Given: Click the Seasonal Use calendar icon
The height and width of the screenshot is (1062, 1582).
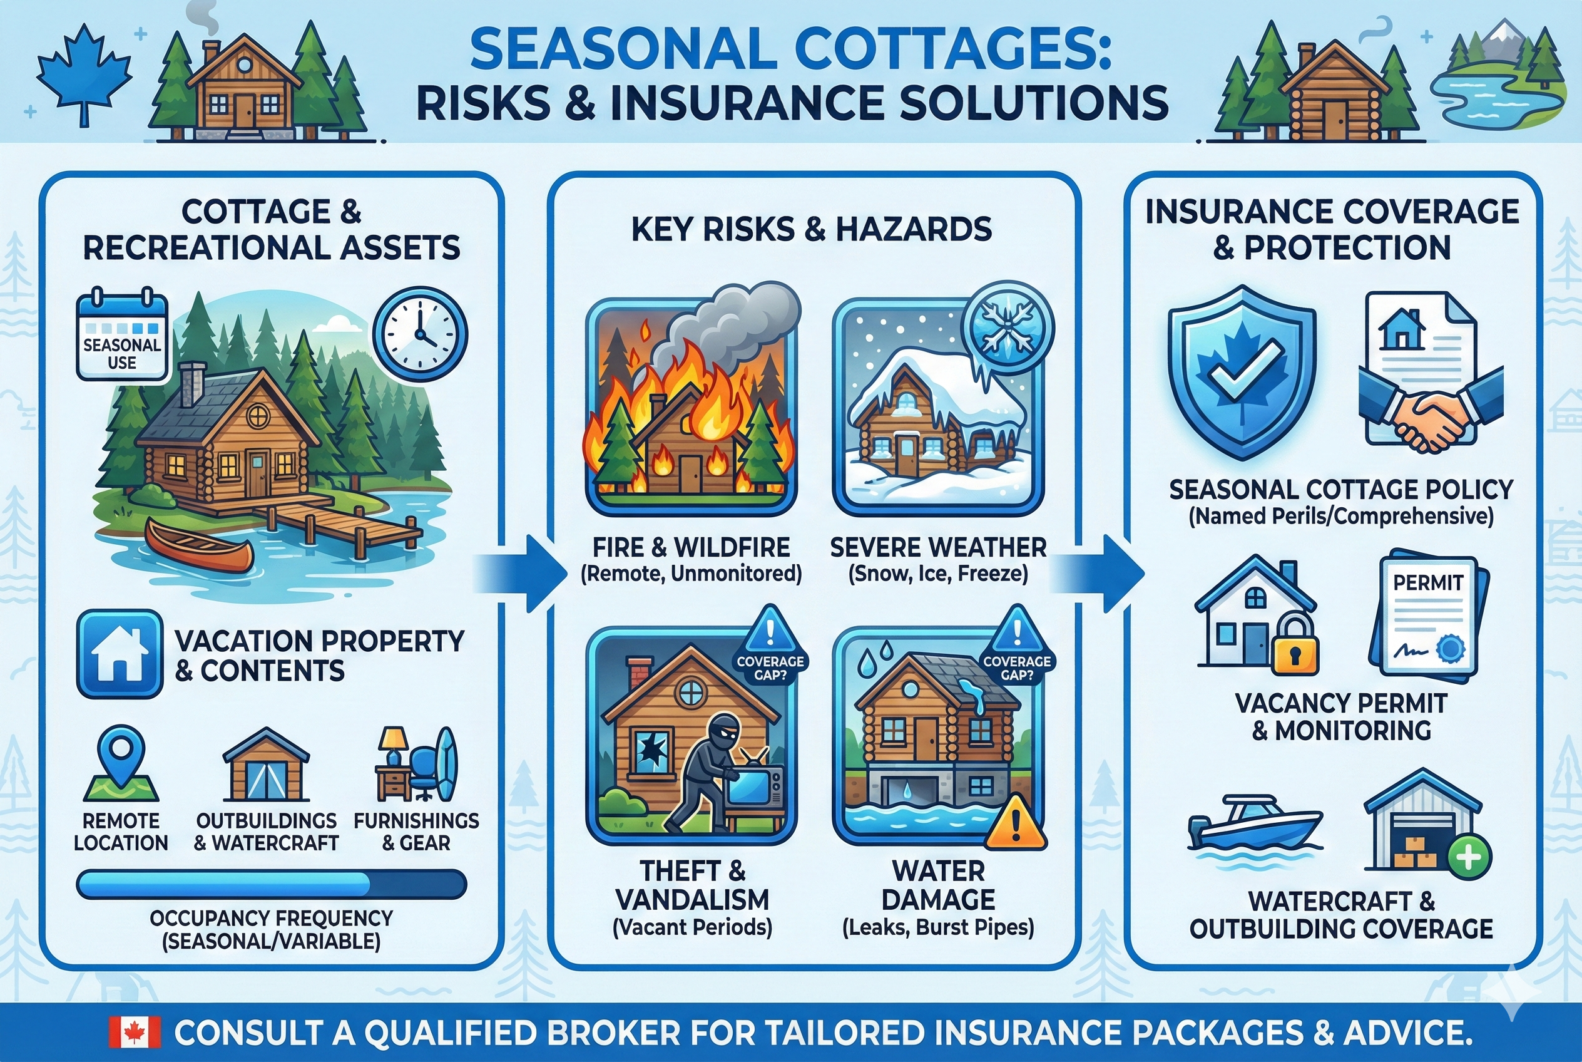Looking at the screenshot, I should [122, 335].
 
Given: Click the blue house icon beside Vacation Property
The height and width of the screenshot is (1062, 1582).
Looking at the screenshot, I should [120, 654].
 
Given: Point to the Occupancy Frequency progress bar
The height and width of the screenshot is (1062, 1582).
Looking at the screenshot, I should [271, 885].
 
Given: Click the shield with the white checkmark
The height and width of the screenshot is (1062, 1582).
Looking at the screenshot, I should [1242, 373].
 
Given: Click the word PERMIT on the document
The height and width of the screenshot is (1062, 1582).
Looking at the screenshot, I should [1427, 582].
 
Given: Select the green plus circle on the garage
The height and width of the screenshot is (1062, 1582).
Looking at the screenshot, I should [1468, 857].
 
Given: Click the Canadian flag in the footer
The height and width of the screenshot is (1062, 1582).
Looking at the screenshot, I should [135, 1032].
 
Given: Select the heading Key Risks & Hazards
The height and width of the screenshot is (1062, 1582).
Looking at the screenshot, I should [812, 229].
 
